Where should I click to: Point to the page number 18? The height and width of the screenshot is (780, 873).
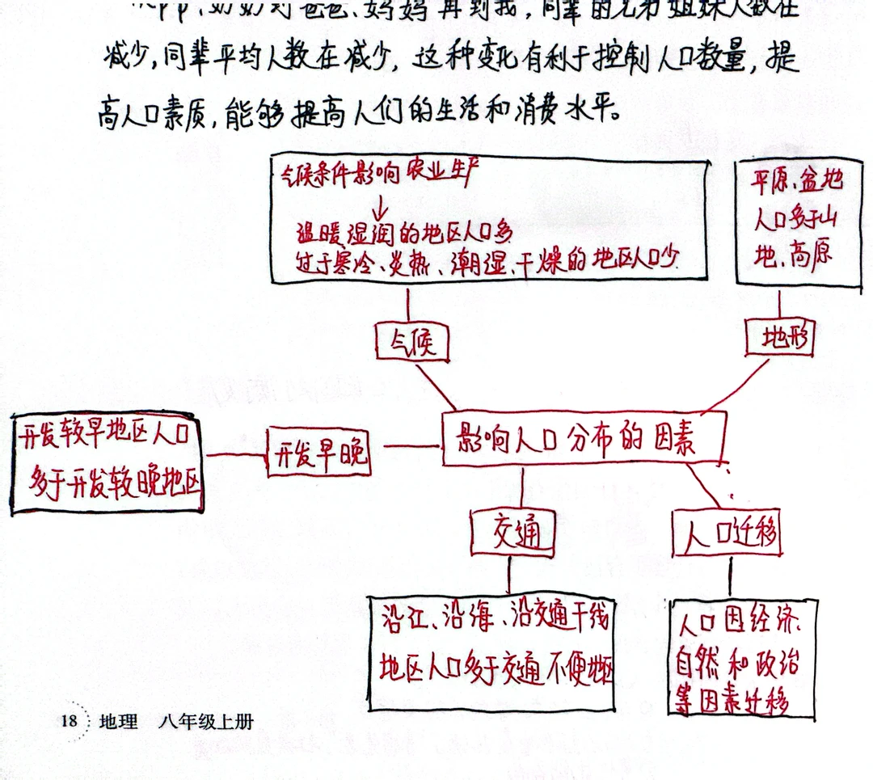point(68,721)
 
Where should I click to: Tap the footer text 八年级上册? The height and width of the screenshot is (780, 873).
point(206,721)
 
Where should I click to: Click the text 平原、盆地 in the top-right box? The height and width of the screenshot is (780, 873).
point(797,180)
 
